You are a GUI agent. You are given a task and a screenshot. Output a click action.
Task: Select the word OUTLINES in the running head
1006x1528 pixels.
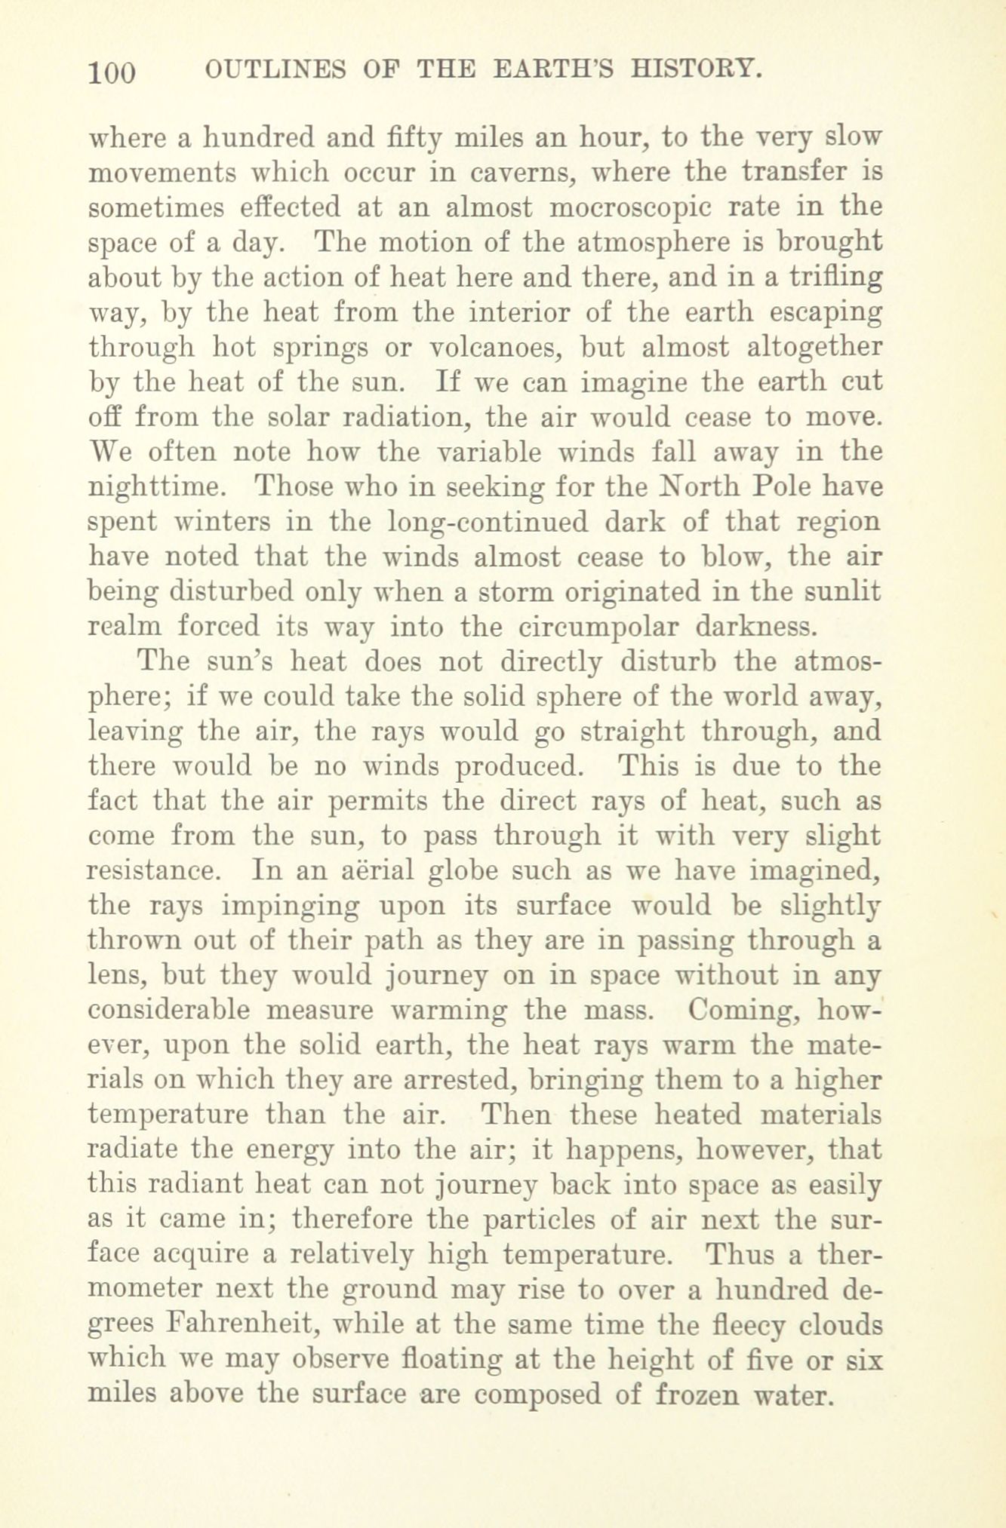[275, 70]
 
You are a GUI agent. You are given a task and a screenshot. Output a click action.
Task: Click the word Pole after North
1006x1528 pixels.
[780, 486]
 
